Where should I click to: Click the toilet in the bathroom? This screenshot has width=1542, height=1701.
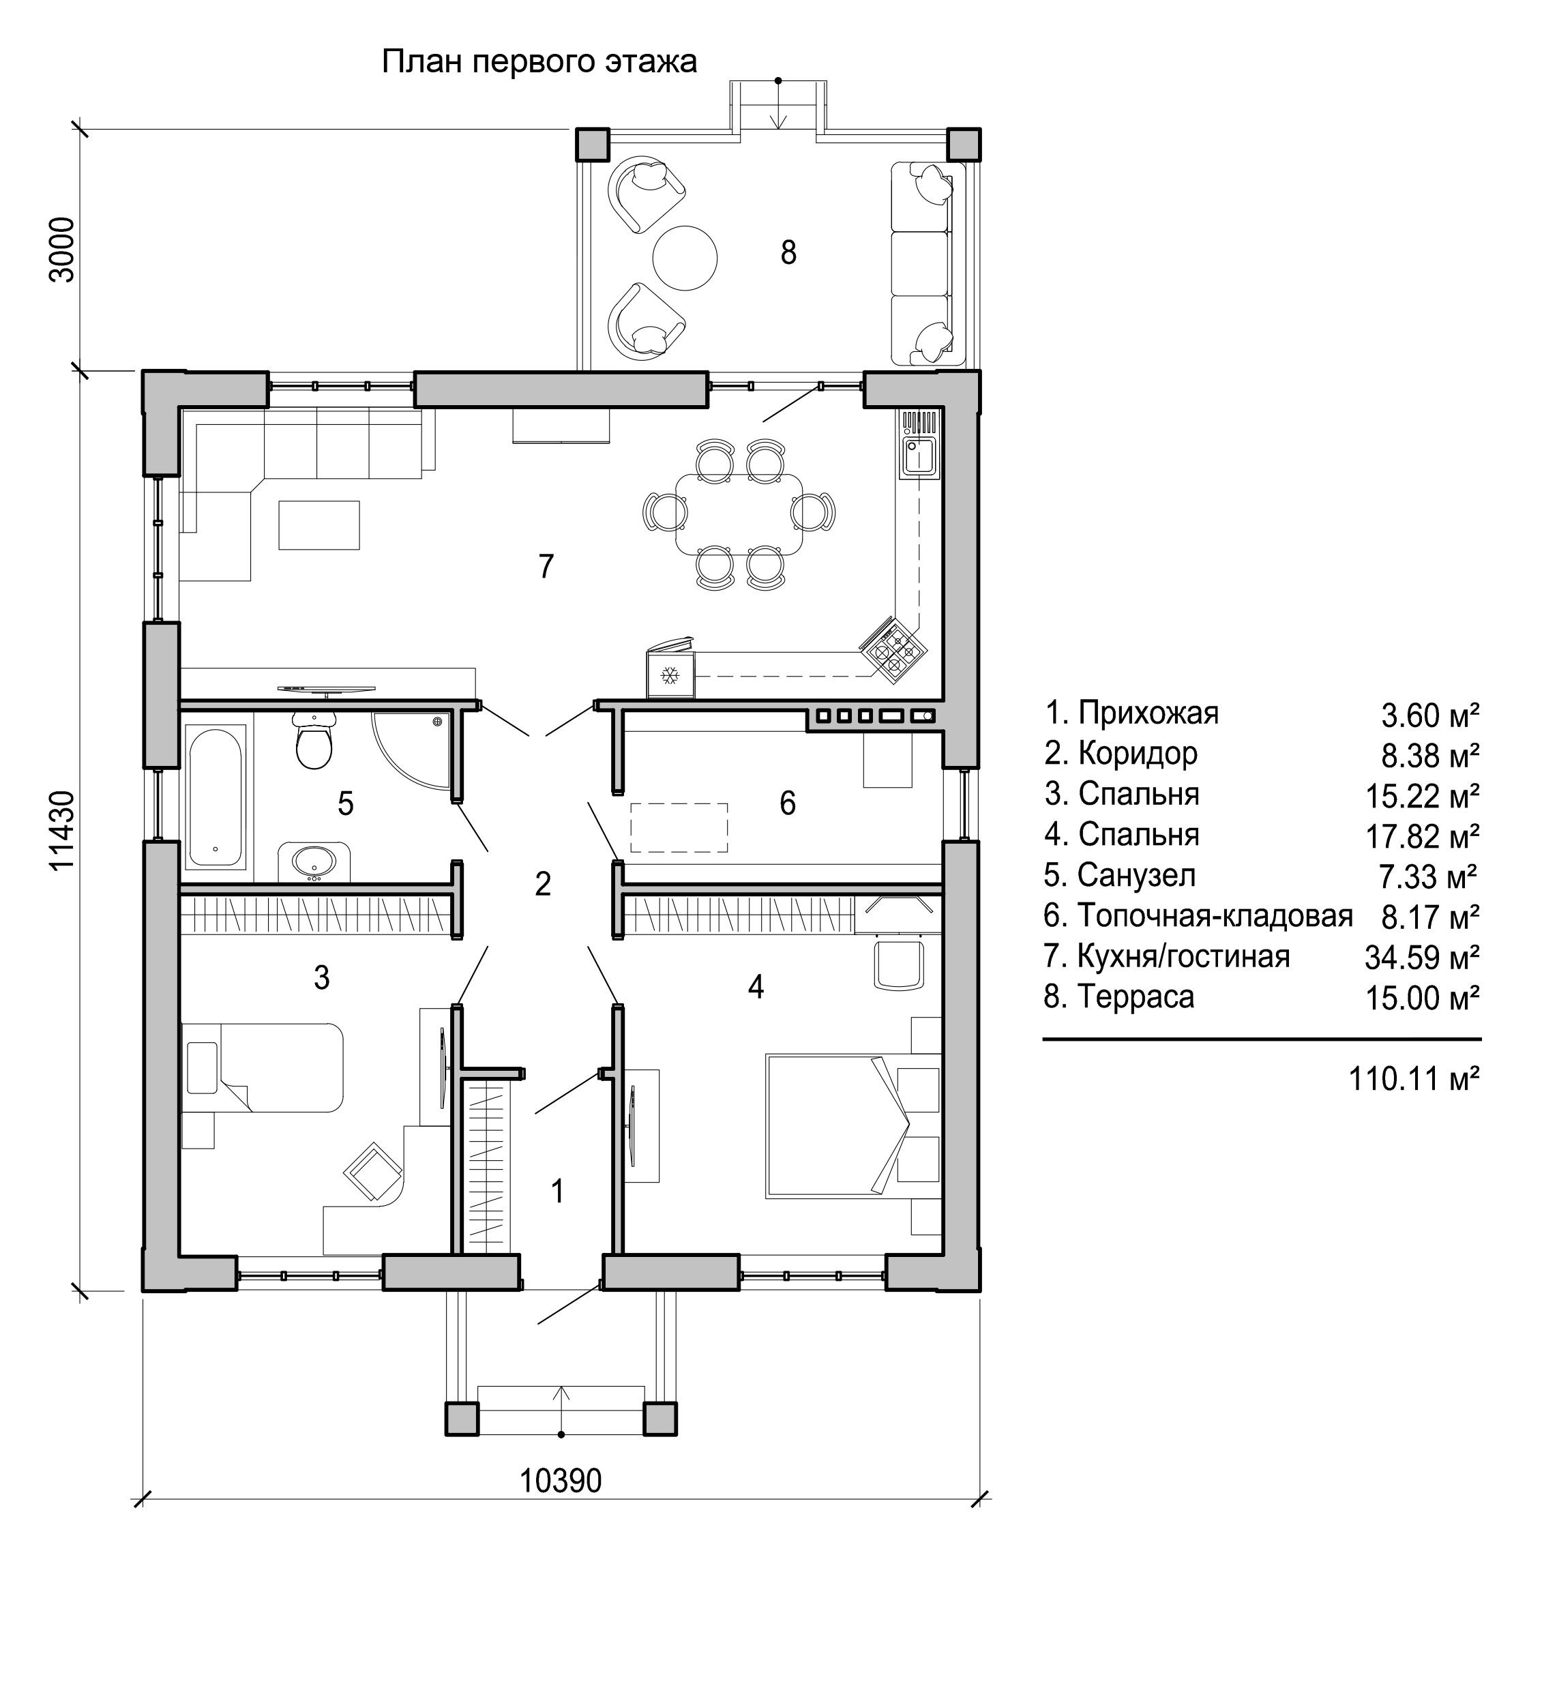click(314, 741)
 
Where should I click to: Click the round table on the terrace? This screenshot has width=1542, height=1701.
click(685, 257)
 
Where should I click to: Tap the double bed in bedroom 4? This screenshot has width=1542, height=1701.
click(852, 1125)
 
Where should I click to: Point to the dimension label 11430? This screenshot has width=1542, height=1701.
click(63, 831)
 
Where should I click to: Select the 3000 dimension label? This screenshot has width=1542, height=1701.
click(63, 250)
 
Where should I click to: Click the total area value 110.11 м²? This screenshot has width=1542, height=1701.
click(1414, 1078)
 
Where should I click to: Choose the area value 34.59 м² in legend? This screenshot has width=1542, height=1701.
click(1422, 957)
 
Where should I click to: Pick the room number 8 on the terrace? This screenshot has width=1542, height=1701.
click(788, 252)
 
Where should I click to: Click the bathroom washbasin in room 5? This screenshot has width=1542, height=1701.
click(314, 861)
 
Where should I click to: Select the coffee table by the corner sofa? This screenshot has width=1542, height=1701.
click(320, 524)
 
